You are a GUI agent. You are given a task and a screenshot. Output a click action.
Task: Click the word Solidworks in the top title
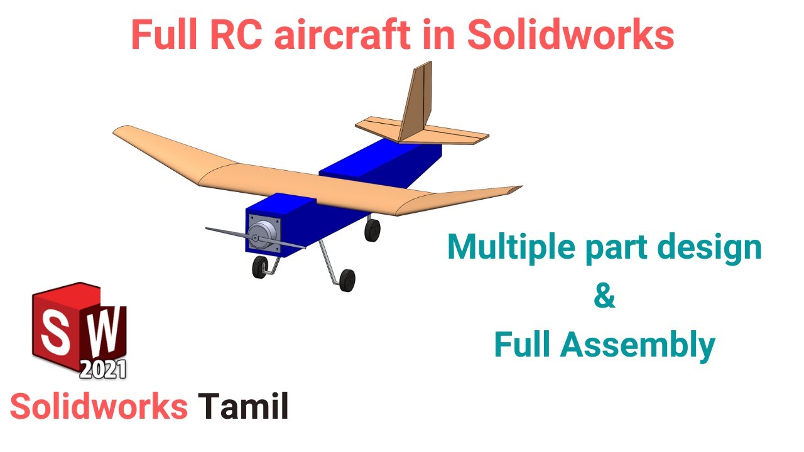[570, 36]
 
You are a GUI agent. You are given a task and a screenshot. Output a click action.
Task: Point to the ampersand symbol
[604, 297]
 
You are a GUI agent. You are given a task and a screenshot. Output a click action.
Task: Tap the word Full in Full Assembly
[522, 345]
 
